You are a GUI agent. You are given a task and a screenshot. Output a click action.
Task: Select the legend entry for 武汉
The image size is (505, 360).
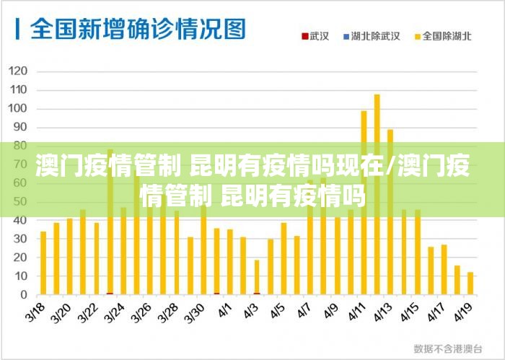pos(315,35)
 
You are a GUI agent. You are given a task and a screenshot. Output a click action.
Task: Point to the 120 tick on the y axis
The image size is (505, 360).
pos(19,71)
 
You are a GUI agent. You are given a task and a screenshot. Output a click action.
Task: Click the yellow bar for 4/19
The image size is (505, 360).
pos(470,284)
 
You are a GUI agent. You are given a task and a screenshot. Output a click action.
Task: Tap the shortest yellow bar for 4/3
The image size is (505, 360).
pos(257,277)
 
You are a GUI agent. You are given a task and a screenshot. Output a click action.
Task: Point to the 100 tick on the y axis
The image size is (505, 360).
pos(19,109)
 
